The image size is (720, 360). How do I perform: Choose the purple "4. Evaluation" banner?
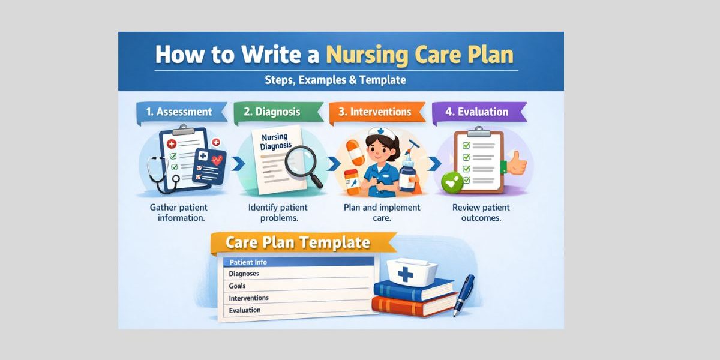click(477, 112)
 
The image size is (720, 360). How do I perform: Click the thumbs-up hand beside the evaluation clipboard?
click(516, 163)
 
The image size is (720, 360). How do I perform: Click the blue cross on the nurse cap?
click(406, 275)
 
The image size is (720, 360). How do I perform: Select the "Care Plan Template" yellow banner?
click(298, 243)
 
